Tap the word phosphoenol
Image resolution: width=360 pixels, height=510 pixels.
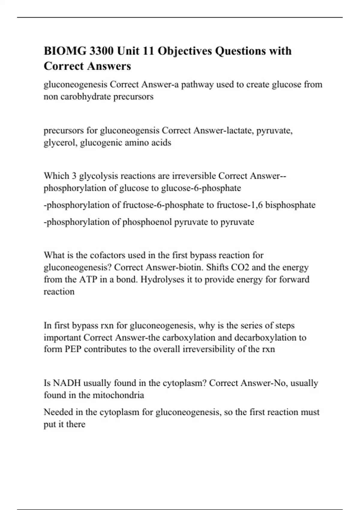pos(147,222)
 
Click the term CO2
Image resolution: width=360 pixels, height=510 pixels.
pos(239,267)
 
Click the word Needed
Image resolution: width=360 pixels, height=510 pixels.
pos(58,412)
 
